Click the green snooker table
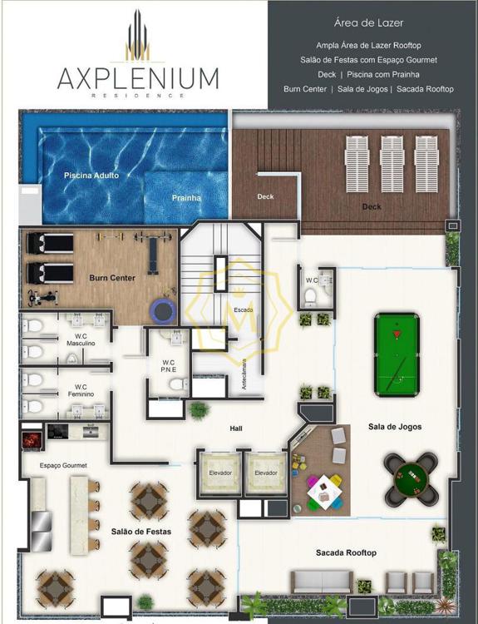pyautogui.click(x=397, y=355)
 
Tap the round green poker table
pyautogui.click(x=411, y=478)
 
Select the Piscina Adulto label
pyautogui.click(x=91, y=175)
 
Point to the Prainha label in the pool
pyautogui.click(x=186, y=198)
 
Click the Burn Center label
pyautogui.click(x=112, y=278)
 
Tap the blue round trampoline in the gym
pyautogui.click(x=163, y=310)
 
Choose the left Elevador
pyautogui.click(x=220, y=473)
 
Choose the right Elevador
pyautogui.click(x=266, y=473)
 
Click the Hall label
pyautogui.click(x=236, y=428)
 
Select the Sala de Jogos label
pyautogui.click(x=395, y=427)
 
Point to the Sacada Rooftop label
pyautogui.click(x=346, y=552)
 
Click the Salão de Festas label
pyautogui.click(x=141, y=532)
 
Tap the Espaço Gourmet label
pyautogui.click(x=63, y=465)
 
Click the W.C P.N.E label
pyautogui.click(x=169, y=366)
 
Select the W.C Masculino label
pyautogui.click(x=81, y=339)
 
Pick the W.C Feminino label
pyautogui.click(x=81, y=390)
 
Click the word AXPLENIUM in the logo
pyautogui.click(x=138, y=78)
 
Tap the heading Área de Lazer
pyautogui.click(x=368, y=23)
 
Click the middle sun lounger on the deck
pyautogui.click(x=392, y=164)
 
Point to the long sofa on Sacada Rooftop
pyautogui.click(x=322, y=582)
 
